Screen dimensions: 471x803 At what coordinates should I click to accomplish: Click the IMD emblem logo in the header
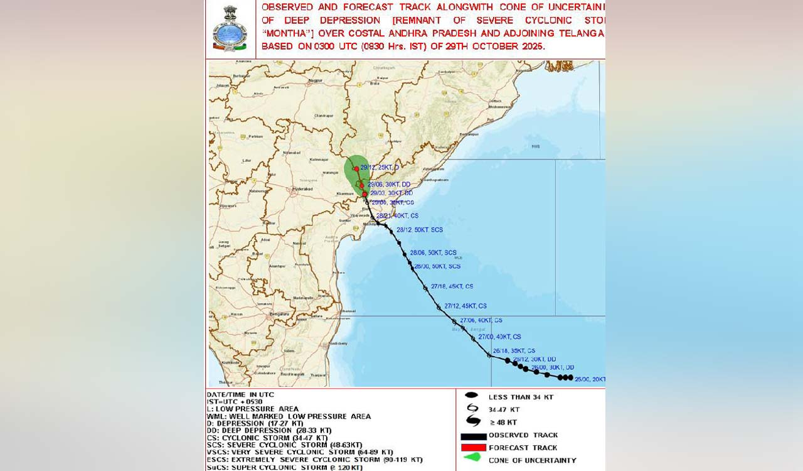pos(230,29)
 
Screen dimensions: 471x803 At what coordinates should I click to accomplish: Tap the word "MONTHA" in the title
pos(283,33)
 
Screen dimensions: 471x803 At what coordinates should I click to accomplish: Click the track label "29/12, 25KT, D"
pos(380,168)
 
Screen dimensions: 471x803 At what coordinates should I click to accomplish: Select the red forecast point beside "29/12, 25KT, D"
pos(356,169)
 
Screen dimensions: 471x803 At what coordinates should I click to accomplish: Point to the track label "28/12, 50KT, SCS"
pos(420,230)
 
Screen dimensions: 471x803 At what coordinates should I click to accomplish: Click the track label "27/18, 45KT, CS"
pos(452,286)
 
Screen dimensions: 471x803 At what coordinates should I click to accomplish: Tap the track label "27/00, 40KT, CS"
pos(499,337)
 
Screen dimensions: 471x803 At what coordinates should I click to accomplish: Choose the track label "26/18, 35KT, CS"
pos(514,351)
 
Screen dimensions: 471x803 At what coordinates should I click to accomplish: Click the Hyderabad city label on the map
pos(303,189)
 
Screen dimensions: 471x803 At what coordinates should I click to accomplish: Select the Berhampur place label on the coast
pos(469,134)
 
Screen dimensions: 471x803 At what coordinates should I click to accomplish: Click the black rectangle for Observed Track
pos(474,436)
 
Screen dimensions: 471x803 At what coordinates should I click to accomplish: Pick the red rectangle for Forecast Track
pos(474,448)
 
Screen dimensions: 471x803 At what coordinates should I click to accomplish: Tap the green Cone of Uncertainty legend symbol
pos(472,458)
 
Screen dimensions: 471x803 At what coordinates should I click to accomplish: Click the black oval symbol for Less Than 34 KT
pos(472,396)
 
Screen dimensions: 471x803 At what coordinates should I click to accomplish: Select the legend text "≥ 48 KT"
pos(503,422)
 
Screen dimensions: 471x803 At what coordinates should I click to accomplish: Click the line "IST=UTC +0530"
pos(235,402)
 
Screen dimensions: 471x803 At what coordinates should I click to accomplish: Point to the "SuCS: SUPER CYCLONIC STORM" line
pos(284,467)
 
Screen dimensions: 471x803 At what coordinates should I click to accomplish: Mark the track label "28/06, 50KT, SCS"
pos(433,252)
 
